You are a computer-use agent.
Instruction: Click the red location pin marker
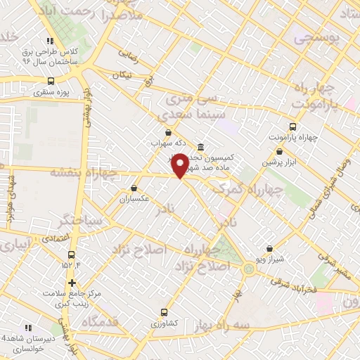coord(180,165)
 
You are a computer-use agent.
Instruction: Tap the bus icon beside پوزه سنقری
coord(51,80)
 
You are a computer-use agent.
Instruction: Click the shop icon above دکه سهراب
coord(167,131)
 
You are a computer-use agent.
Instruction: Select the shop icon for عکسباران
coord(134,188)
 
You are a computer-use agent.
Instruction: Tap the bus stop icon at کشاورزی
coord(165,312)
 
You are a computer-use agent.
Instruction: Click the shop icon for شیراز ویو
coord(270,248)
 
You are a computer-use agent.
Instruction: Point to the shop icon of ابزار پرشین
coord(280,151)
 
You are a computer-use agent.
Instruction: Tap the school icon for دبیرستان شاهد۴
coord(29,328)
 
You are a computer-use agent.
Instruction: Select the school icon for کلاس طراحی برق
coord(49,41)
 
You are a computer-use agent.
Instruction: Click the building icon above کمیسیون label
coord(201,147)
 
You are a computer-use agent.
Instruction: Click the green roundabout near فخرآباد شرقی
coord(250,269)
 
